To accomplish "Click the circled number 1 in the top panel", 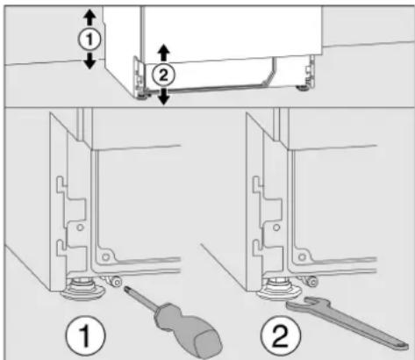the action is pos(89,40).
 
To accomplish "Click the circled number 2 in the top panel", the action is pos(163,76).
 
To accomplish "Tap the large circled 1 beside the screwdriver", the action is pos(85,335).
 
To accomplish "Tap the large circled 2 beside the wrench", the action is pos(281,335).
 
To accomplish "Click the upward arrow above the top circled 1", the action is pos(89,18).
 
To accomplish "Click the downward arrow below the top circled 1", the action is pos(89,61).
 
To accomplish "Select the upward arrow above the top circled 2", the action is pos(164,54).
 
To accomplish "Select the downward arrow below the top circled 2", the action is pos(164,97).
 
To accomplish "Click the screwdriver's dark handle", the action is pos(187,328).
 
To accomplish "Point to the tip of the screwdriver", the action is pos(126,289).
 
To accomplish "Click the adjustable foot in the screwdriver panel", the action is pos(84,288).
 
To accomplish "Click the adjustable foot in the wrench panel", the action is pos(280,288).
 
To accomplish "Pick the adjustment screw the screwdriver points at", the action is pos(118,282).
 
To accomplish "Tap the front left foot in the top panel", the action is pos(142,97).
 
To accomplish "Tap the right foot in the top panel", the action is pos(302,88).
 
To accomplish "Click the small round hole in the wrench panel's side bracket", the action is pos(276,227).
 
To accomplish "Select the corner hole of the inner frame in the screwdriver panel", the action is pos(105,257).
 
